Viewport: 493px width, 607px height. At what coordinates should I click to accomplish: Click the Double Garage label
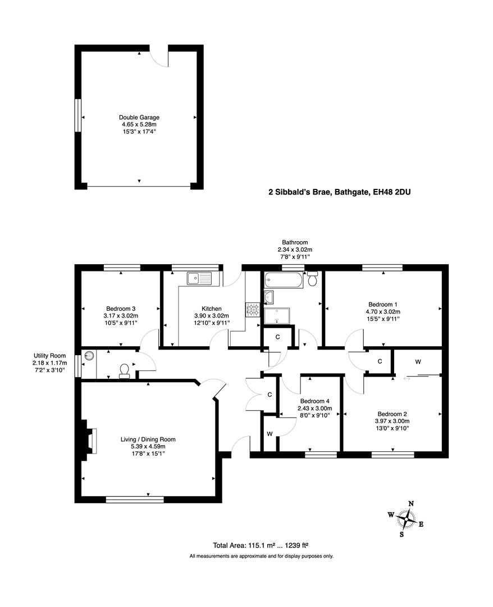point(139,117)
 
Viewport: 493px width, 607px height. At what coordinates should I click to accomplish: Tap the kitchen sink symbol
point(198,277)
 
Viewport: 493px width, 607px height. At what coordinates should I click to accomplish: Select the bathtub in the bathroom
point(284,279)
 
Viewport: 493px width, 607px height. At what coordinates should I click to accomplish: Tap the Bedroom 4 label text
point(315,401)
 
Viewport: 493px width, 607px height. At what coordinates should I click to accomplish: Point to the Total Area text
point(261,545)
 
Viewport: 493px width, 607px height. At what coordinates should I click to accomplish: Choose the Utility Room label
point(49,356)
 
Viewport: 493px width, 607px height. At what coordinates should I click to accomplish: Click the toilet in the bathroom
point(313,277)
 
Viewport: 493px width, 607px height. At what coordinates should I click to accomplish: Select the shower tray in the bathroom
point(277,316)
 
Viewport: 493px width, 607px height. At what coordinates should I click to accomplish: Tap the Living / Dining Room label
point(148,440)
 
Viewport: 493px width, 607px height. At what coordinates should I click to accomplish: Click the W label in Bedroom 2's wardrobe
point(418,362)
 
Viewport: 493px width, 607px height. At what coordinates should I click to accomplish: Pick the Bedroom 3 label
point(121,308)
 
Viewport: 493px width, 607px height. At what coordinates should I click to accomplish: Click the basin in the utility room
point(89,356)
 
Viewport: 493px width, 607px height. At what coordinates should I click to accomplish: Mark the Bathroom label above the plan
point(295,242)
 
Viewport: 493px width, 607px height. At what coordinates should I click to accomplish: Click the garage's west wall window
point(78,116)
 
